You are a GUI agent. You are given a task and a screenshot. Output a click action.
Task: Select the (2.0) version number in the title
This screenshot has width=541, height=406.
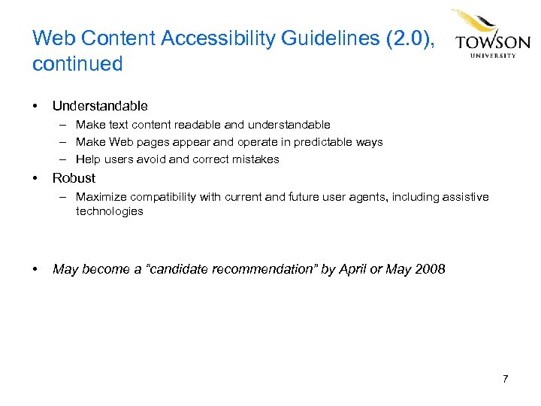409,38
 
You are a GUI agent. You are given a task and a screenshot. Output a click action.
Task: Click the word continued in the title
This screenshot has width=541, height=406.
77,64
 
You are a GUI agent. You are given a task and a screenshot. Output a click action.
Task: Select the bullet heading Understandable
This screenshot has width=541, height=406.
100,106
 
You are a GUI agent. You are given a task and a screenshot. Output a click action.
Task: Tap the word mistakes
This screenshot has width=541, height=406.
253,159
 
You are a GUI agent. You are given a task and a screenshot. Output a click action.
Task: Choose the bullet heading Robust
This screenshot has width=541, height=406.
74,178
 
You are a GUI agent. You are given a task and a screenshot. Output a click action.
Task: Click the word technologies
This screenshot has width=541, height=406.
109,211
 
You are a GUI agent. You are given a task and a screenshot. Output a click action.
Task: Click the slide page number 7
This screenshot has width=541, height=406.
505,378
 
